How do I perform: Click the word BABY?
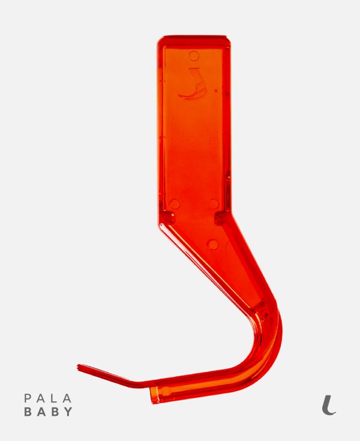pos(49,412)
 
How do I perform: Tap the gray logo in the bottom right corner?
pos(329,405)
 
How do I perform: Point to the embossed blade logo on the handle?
pos(193,85)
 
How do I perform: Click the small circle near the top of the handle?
pos(194,56)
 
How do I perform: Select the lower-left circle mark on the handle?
pos(175,204)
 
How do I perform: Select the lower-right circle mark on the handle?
pos(214,203)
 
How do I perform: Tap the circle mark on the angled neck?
pos(213,244)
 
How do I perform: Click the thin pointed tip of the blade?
pos(78,367)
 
